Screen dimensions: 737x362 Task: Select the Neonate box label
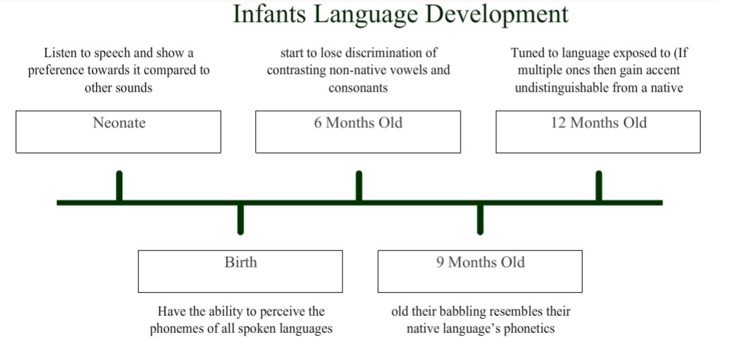(119, 123)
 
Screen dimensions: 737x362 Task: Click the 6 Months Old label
(358, 123)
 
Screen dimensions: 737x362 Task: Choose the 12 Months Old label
(599, 123)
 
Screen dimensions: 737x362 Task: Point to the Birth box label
(241, 262)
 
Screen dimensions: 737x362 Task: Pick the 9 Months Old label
(480, 262)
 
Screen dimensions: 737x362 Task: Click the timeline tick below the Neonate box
(119, 186)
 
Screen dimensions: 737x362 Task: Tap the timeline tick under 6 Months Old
(359, 186)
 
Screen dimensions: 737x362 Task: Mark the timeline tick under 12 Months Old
(599, 186)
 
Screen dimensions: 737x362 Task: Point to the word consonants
(358, 88)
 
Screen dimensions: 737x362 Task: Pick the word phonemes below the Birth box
(174, 329)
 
